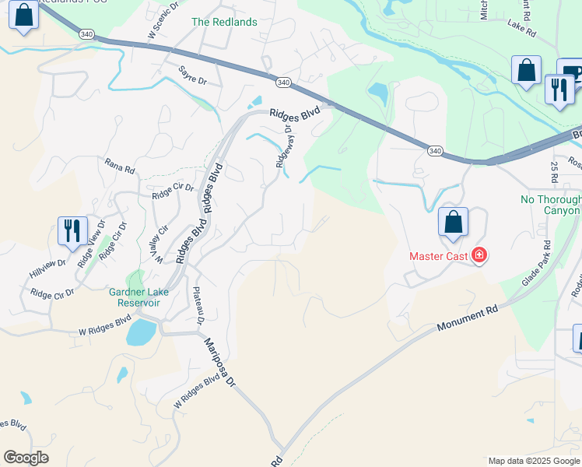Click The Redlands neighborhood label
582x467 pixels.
[x=224, y=22]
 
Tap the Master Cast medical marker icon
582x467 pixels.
[x=479, y=255]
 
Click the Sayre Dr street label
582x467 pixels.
[x=192, y=75]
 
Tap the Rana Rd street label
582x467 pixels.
[x=120, y=166]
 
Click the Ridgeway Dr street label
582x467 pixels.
[x=283, y=147]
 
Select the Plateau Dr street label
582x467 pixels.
[x=198, y=306]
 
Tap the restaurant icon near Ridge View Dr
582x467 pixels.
[x=72, y=231]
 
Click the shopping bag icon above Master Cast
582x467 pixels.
[x=453, y=223]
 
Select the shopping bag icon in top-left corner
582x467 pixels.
[x=24, y=16]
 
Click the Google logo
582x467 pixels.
[x=26, y=458]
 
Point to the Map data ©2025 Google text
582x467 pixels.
[x=534, y=461]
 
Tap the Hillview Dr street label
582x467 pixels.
[x=48, y=265]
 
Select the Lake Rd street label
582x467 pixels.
[x=521, y=33]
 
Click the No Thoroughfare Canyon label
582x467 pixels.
[x=550, y=205]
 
